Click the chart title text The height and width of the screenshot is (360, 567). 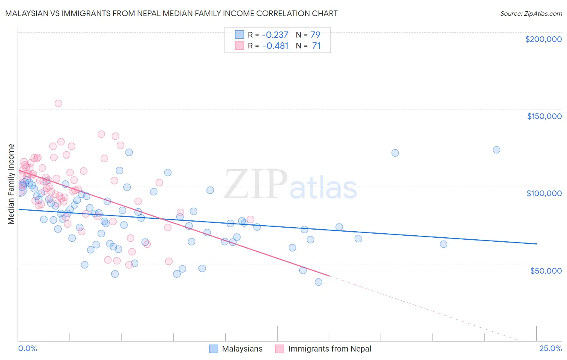point(171,13)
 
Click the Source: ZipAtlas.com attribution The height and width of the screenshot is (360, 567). point(531,14)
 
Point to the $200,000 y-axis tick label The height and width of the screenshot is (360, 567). point(543,39)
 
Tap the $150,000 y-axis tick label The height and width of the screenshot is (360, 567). point(544,116)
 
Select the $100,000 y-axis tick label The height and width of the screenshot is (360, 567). point(544,193)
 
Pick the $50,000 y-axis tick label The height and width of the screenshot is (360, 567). point(546,270)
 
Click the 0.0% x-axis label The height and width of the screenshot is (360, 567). point(27,348)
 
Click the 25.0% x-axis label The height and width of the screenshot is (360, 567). point(550,348)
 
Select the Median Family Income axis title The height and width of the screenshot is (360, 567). point(11,184)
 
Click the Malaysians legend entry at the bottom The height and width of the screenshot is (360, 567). point(242,349)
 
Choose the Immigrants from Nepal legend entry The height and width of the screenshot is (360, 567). point(329,349)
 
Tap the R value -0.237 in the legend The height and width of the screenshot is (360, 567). point(275,35)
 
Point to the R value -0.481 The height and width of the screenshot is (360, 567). point(275,46)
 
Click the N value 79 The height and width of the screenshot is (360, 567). point(315,35)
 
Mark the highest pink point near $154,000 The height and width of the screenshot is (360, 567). point(58,103)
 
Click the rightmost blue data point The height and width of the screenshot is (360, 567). point(496,150)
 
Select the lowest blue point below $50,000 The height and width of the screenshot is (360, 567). point(319,282)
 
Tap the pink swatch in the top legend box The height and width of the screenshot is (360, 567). point(240,46)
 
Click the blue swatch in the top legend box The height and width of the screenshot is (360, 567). point(240,35)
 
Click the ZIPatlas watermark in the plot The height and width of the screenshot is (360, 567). point(290,185)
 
